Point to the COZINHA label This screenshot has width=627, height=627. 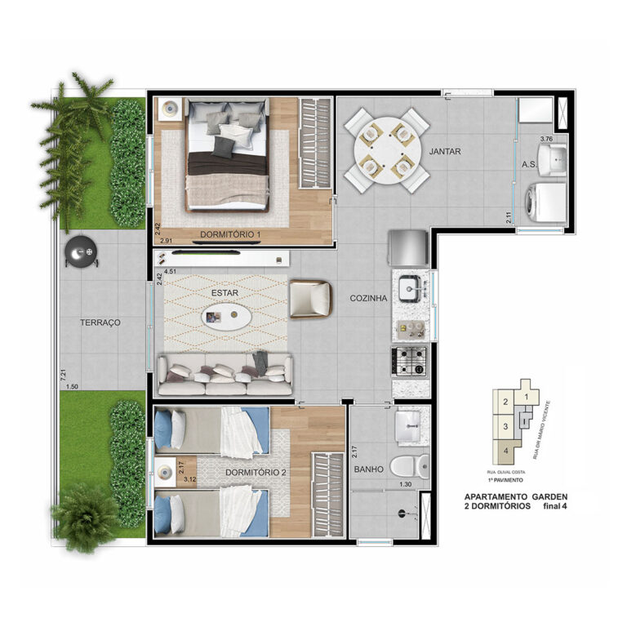[367, 298]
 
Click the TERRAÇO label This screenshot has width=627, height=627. [100, 322]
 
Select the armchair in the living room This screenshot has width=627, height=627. [311, 298]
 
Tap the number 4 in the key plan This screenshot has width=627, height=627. [506, 450]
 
